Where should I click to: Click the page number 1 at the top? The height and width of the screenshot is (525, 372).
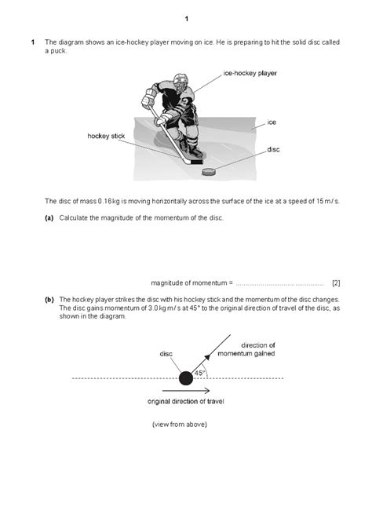click(186, 18)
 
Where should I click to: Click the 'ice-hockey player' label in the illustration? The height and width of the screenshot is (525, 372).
click(250, 73)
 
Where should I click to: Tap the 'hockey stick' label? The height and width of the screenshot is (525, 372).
click(106, 136)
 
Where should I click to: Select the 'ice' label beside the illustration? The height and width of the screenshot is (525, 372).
click(272, 122)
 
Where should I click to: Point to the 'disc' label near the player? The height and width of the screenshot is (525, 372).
click(273, 148)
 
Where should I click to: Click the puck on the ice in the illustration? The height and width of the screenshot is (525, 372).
click(210, 171)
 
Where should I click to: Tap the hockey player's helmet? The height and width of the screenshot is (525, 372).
click(180, 82)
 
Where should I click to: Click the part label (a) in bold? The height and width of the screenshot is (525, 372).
click(49, 217)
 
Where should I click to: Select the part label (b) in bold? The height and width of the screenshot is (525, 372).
click(49, 299)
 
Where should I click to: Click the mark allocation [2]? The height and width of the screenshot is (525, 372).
click(335, 282)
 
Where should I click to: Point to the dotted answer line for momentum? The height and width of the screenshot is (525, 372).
click(279, 283)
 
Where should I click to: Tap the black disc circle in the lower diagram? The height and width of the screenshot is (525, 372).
click(185, 377)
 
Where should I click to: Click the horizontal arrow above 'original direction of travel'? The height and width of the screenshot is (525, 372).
click(185, 390)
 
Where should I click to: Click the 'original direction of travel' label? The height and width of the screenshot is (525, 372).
click(185, 401)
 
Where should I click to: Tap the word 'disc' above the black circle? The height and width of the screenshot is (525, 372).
click(166, 354)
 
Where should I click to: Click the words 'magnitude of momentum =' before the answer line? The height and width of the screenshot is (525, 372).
click(191, 282)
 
